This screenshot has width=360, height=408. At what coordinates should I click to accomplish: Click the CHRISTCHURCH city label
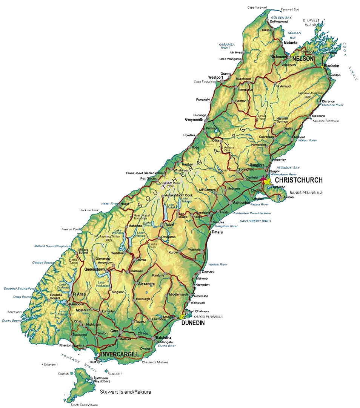pos(298,180)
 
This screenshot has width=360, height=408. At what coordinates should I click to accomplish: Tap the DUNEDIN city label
pos(193,323)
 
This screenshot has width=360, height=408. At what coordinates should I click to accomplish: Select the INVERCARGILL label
pos(120,355)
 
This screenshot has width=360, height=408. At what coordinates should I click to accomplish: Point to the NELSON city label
pos(303,59)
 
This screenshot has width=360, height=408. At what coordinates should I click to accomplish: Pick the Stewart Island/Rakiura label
pos(126,393)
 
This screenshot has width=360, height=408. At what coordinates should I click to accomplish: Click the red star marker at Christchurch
pos(263,178)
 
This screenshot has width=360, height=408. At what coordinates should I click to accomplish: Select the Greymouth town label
pos(194,120)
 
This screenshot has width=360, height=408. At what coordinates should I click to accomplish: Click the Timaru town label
pos(217,233)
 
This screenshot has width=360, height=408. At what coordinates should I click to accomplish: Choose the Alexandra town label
pos(146,284)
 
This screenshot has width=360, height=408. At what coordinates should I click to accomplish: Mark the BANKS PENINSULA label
pos(306,193)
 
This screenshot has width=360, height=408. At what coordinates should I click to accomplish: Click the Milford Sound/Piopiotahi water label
pos(51,246)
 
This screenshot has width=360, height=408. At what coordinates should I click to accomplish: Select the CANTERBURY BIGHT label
pos(255,221)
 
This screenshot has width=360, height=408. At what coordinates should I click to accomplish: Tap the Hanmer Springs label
pos(282,120)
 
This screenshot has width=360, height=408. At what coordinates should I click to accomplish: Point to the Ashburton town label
pos(242,202)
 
